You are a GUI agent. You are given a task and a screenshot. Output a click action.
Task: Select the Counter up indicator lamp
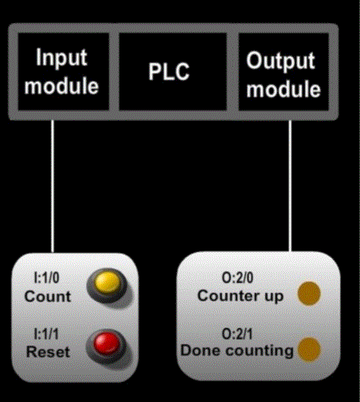309,294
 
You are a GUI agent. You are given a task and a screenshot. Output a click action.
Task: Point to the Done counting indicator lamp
310,349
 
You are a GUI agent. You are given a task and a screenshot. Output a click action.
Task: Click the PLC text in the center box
168,71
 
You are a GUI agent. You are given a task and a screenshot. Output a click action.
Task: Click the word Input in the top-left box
62,57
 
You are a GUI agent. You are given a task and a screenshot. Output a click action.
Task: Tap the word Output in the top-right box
281,61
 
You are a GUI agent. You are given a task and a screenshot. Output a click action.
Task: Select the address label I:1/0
47,278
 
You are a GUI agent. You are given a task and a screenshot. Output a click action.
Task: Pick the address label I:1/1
47,334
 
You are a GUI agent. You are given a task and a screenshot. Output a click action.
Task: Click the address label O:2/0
238,277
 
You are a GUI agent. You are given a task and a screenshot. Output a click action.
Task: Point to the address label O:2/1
238,334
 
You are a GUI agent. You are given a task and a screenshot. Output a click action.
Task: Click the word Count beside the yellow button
48,297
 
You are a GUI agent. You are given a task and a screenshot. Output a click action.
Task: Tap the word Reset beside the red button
48,352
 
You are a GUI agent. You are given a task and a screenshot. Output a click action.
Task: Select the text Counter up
240,297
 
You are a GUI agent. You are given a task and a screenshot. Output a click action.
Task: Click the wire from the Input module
53,186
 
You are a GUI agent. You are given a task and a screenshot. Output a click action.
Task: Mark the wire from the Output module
290,186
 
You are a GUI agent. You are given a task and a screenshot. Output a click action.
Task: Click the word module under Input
62,86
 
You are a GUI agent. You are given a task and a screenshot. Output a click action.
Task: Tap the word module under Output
284,89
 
